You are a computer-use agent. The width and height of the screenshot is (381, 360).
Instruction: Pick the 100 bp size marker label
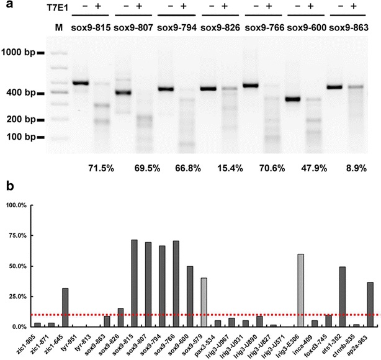23,137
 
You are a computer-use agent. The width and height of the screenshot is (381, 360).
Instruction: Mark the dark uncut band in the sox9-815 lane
81,83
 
